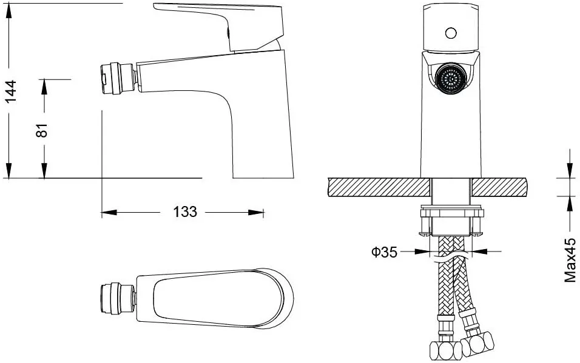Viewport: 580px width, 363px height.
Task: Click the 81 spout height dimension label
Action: click(42, 130)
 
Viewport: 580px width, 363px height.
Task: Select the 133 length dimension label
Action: click(185, 211)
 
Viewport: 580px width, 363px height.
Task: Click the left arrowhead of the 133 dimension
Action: click(107, 212)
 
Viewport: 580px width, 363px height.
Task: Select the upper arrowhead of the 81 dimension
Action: click(44, 85)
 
